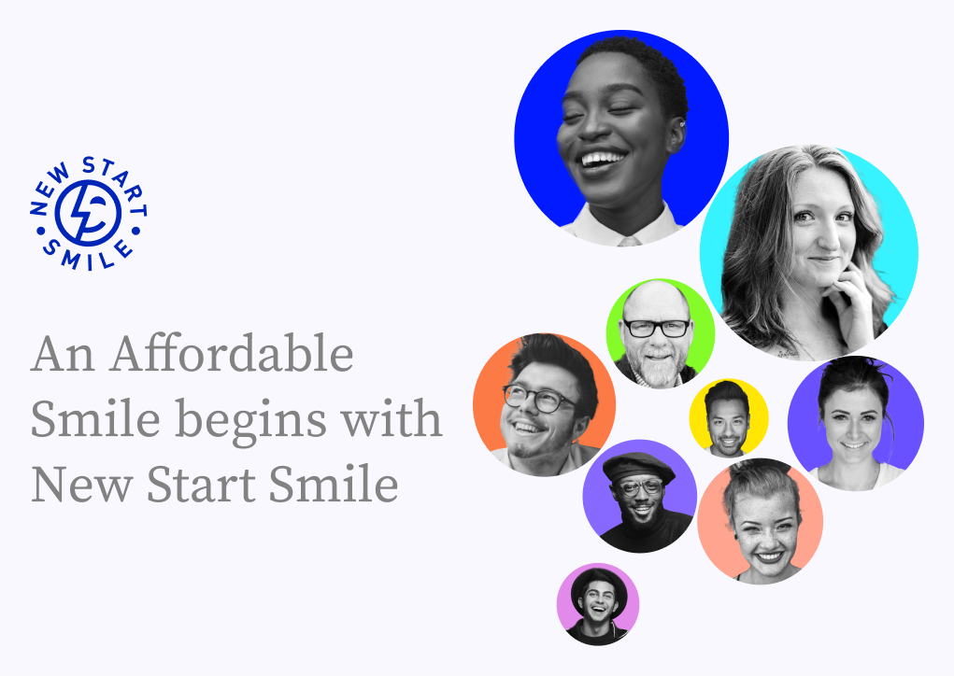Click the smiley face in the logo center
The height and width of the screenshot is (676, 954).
pyautogui.click(x=89, y=215)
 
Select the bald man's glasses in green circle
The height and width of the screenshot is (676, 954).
pyautogui.click(x=656, y=329)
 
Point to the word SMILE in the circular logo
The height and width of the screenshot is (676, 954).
pyautogui.click(x=90, y=257)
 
